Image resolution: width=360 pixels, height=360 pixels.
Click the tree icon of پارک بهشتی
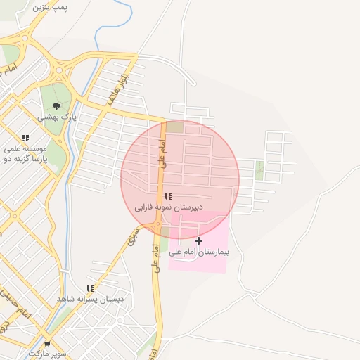56,105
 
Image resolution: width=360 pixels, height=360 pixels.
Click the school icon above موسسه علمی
26,139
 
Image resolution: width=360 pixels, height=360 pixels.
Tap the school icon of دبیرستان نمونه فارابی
167,197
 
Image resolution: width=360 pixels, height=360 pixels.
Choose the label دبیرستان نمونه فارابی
169,208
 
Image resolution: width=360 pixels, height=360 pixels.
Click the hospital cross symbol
199,240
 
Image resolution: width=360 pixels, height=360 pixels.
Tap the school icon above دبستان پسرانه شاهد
90,288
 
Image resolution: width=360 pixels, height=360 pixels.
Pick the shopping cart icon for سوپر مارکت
47,344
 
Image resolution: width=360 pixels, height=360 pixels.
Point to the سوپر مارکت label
47,354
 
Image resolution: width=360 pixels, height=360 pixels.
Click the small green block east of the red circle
259,169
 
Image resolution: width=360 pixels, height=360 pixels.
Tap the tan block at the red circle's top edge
174,127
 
